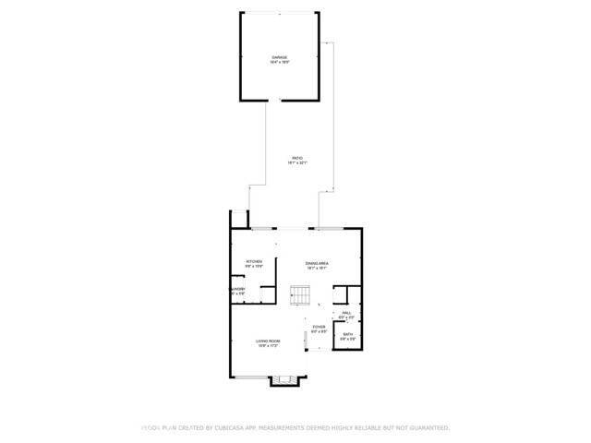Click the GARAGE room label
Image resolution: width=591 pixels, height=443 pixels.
coord(280,58)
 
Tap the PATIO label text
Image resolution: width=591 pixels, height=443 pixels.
coord(296,158)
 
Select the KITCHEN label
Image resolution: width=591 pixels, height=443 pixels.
coord(254,262)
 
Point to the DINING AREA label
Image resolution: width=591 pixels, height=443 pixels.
coord(318,263)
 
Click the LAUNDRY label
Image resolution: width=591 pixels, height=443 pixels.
coord(237,289)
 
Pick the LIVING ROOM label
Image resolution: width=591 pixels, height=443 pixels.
coord(268,341)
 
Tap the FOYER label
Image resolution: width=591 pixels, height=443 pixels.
coord(319,327)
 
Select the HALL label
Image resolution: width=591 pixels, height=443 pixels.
coord(347,312)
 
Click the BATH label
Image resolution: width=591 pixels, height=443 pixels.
coord(347,334)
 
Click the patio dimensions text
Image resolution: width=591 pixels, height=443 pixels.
coord(296,163)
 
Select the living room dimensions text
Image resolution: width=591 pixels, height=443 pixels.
coord(268,346)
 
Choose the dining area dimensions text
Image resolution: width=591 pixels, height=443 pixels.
coord(318,269)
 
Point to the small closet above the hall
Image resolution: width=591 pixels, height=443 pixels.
coord(340,294)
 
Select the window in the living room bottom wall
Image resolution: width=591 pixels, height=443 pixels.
coord(249,376)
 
